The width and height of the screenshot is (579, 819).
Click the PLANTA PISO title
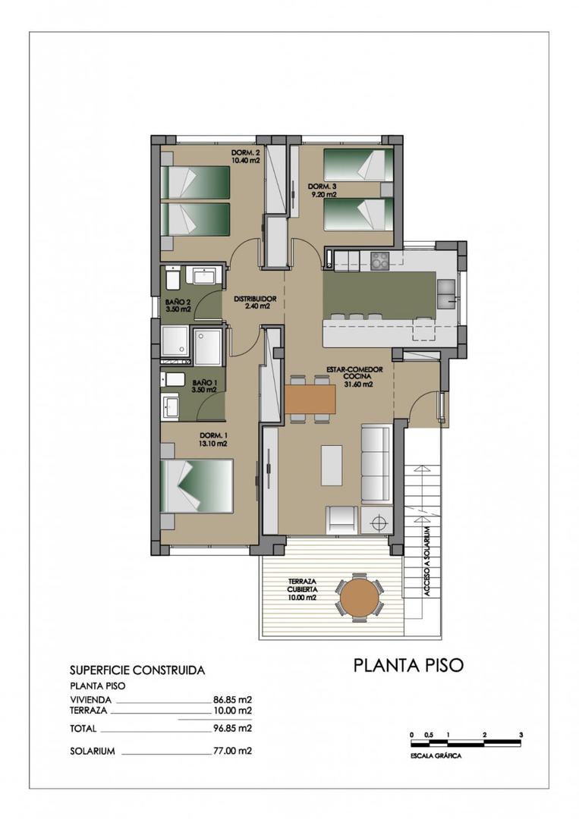click(408, 665)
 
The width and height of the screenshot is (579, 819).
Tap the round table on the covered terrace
click(361, 598)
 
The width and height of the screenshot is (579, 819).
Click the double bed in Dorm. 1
click(197, 486)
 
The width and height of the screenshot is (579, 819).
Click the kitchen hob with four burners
click(379, 261)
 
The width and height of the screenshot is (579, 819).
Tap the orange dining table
click(310, 399)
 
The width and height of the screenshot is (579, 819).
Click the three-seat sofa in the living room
click(375, 463)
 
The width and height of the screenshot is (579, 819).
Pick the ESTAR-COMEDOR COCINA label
click(354, 376)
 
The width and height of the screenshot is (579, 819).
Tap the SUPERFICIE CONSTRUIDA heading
click(137, 670)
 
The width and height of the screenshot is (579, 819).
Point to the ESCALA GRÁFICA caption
click(435, 755)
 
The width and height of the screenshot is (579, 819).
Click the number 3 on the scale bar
click(521, 735)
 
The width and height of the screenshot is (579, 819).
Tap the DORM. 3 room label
click(321, 190)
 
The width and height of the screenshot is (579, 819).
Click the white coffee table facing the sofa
click(332, 465)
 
